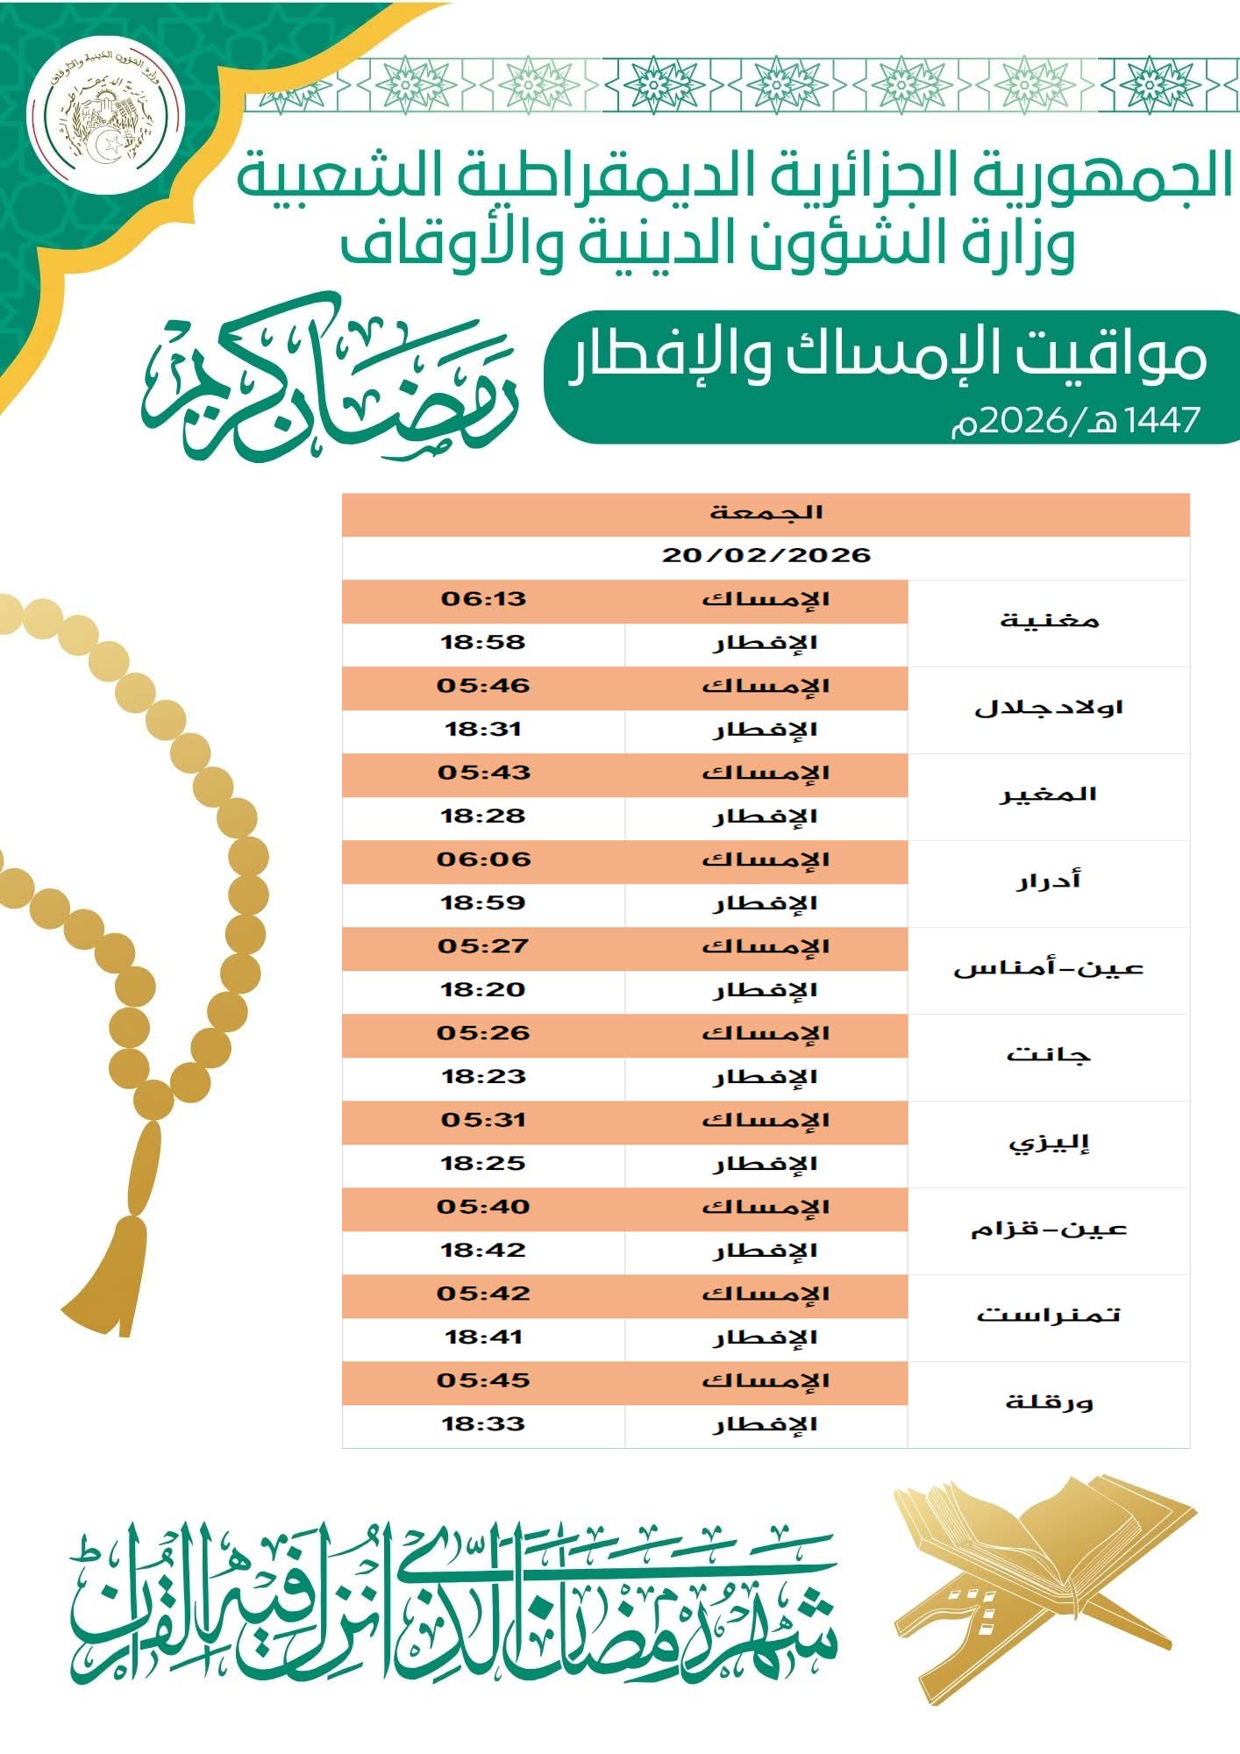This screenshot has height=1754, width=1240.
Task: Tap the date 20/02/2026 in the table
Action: pos(766,556)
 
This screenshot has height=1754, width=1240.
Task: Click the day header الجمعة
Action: pos(766,513)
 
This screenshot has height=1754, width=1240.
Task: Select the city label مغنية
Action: pos(1049,621)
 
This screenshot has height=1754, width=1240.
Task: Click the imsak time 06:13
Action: pos(483,600)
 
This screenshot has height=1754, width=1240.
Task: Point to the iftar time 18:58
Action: pos(483,643)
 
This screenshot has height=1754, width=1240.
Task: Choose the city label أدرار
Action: pos(1049,881)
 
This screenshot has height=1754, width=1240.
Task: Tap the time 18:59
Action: pos(483,903)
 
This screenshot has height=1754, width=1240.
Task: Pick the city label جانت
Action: pos(1049,1055)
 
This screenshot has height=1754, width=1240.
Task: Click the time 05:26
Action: pos(483,1034)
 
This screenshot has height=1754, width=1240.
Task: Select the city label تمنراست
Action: pos(1049,1315)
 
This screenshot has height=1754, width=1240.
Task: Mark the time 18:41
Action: pos(483,1337)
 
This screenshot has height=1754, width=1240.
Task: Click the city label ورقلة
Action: pos(1049,1402)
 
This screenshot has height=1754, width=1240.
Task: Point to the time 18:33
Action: pos(483,1424)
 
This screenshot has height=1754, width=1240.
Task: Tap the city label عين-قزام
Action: pos(1049,1229)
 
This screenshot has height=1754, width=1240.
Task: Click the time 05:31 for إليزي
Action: pos(483,1121)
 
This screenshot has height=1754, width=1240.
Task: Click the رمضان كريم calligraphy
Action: pos(329,381)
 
